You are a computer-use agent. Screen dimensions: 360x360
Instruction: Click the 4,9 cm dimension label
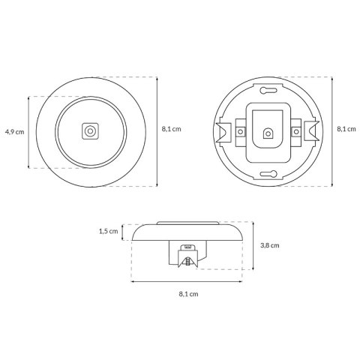(x=15, y=132)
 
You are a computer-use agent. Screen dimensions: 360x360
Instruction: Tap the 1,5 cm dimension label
(x=108, y=231)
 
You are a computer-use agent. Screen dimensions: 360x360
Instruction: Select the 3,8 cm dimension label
(x=270, y=245)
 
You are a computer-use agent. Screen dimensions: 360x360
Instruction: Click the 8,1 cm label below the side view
(x=188, y=294)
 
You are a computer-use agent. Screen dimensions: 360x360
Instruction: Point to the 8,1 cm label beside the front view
(x=171, y=129)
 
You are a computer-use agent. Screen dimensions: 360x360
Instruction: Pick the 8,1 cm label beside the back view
(x=346, y=129)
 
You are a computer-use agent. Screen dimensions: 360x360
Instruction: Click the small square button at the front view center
(x=90, y=131)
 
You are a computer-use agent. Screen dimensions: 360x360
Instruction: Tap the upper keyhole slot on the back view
(x=268, y=90)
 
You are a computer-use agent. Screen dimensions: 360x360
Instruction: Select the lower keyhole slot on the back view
(x=268, y=174)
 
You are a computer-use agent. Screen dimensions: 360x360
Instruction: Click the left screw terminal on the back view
(x=240, y=131)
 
